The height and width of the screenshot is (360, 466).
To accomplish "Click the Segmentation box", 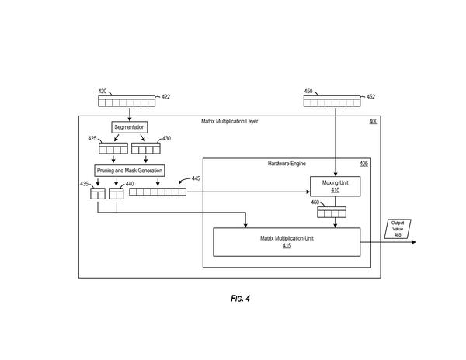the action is point(130,127).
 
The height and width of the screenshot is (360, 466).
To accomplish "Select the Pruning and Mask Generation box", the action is point(129,171).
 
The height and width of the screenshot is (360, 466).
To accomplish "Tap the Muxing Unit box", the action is point(336,186).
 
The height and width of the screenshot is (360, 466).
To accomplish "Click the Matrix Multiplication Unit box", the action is point(287,242).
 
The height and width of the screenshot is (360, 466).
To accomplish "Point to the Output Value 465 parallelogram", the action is point(398,229).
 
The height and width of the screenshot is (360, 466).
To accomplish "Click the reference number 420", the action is point(103,91).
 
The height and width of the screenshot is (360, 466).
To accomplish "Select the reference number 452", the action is point(370,96).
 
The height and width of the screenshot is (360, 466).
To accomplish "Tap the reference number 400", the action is point(374,121).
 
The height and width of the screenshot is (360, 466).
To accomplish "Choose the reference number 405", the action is point(363,164).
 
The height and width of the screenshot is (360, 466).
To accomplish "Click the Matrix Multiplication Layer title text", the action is point(229,121).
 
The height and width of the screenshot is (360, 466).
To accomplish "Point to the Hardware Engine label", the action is point(287,164).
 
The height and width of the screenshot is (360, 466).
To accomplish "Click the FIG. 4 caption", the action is point(240,298).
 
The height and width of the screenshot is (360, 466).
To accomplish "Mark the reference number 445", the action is point(196,178).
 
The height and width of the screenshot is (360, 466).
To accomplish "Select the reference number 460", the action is point(315,202).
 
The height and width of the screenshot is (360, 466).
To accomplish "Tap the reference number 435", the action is point(84,184).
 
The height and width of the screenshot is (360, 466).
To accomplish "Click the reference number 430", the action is point(166,138).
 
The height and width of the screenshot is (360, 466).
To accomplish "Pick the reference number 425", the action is point(92,138).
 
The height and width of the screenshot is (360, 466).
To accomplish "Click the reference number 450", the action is point(308,91).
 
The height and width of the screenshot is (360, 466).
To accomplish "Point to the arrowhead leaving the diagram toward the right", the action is point(414,242).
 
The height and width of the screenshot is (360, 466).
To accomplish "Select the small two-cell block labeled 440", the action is point(116,193).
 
